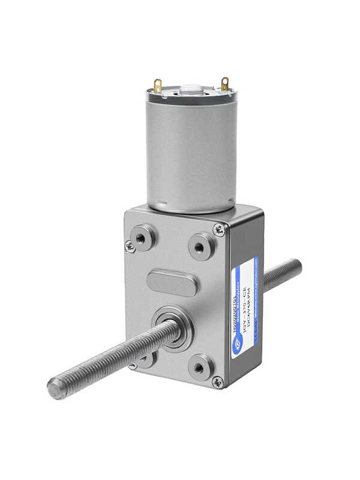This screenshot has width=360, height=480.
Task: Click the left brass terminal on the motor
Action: click(x=158, y=86)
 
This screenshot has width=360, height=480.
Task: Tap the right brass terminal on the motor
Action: click(x=225, y=84)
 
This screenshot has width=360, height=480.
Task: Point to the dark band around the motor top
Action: click(x=191, y=96)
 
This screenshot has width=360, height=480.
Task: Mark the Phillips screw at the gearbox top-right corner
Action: click(x=220, y=229)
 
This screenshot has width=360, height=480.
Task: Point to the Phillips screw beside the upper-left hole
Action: click(x=130, y=246)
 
